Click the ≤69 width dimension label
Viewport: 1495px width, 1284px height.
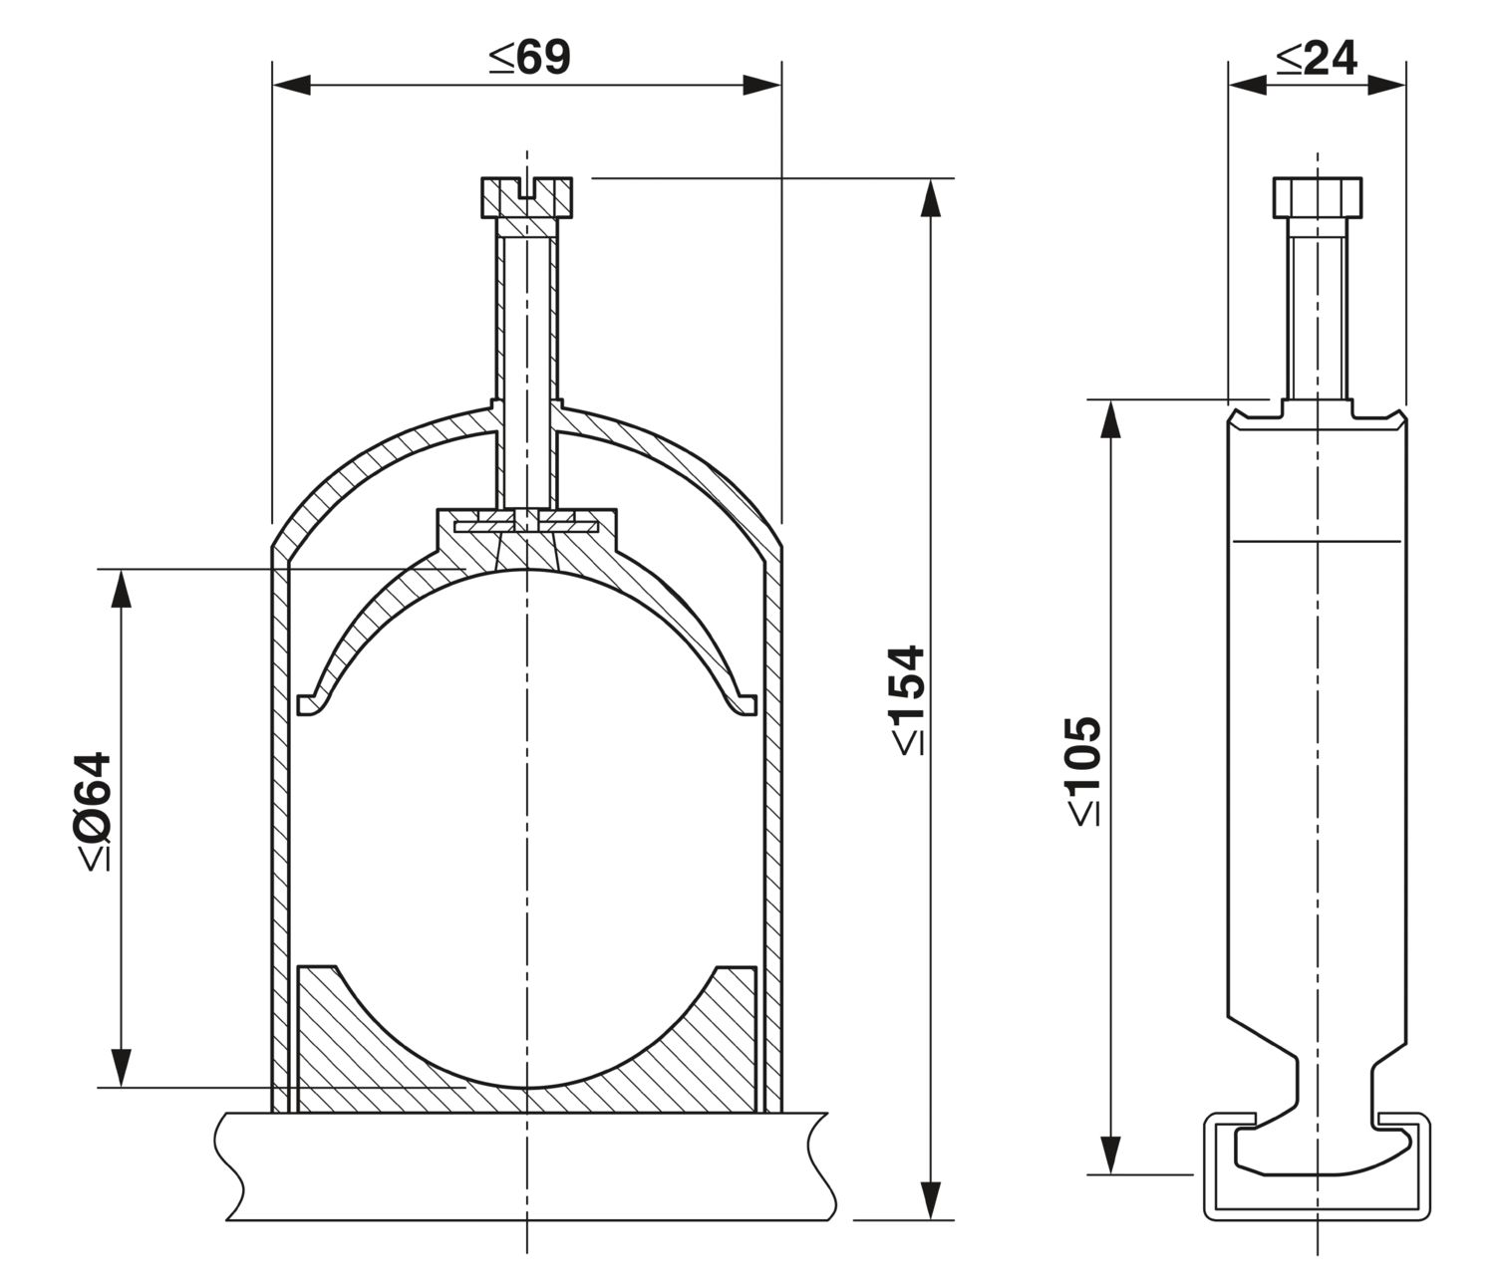529,59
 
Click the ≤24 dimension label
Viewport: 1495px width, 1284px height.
1317,59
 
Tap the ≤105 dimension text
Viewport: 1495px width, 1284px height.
1083,769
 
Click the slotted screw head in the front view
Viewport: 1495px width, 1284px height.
526,196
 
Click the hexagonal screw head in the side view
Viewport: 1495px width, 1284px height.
1317,197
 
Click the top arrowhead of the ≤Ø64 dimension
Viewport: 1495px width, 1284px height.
122,589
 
